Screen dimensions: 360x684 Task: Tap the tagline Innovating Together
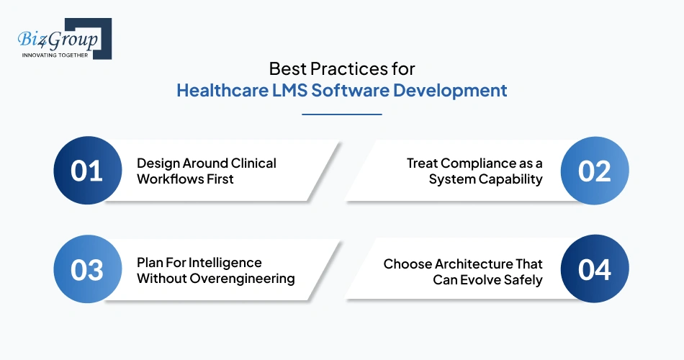[55, 55]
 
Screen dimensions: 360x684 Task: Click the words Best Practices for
[342, 69]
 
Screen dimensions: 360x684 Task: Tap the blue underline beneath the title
[342, 114]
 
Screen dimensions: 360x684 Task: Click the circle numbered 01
[87, 171]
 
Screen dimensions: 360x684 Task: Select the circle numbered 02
[595, 171]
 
